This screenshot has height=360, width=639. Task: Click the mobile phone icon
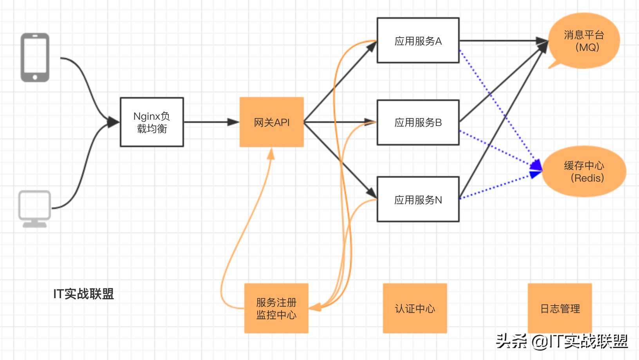tap(35, 58)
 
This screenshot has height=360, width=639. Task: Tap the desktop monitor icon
tap(35, 207)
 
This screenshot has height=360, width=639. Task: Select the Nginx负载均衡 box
tap(152, 122)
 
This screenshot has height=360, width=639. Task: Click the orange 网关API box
tap(271, 122)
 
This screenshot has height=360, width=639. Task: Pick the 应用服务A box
tap(418, 40)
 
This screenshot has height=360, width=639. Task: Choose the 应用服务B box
tap(418, 122)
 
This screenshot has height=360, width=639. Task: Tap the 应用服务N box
tap(418, 200)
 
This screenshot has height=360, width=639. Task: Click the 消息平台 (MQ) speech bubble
tap(584, 41)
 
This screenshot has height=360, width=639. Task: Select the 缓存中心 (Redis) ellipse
tap(584, 171)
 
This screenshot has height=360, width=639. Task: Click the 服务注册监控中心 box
tap(276, 308)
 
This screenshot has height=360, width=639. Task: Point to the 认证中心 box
tap(415, 308)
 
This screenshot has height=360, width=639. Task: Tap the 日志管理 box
tap(560, 308)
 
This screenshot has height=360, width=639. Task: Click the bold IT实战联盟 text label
tap(83, 293)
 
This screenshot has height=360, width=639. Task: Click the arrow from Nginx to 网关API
tap(211, 122)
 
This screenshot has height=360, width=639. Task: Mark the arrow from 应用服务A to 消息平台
tap(501, 40)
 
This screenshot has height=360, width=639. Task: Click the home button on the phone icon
tap(35, 77)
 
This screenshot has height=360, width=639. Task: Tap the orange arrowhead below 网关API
tap(271, 154)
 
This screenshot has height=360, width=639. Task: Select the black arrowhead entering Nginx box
tap(114, 122)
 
